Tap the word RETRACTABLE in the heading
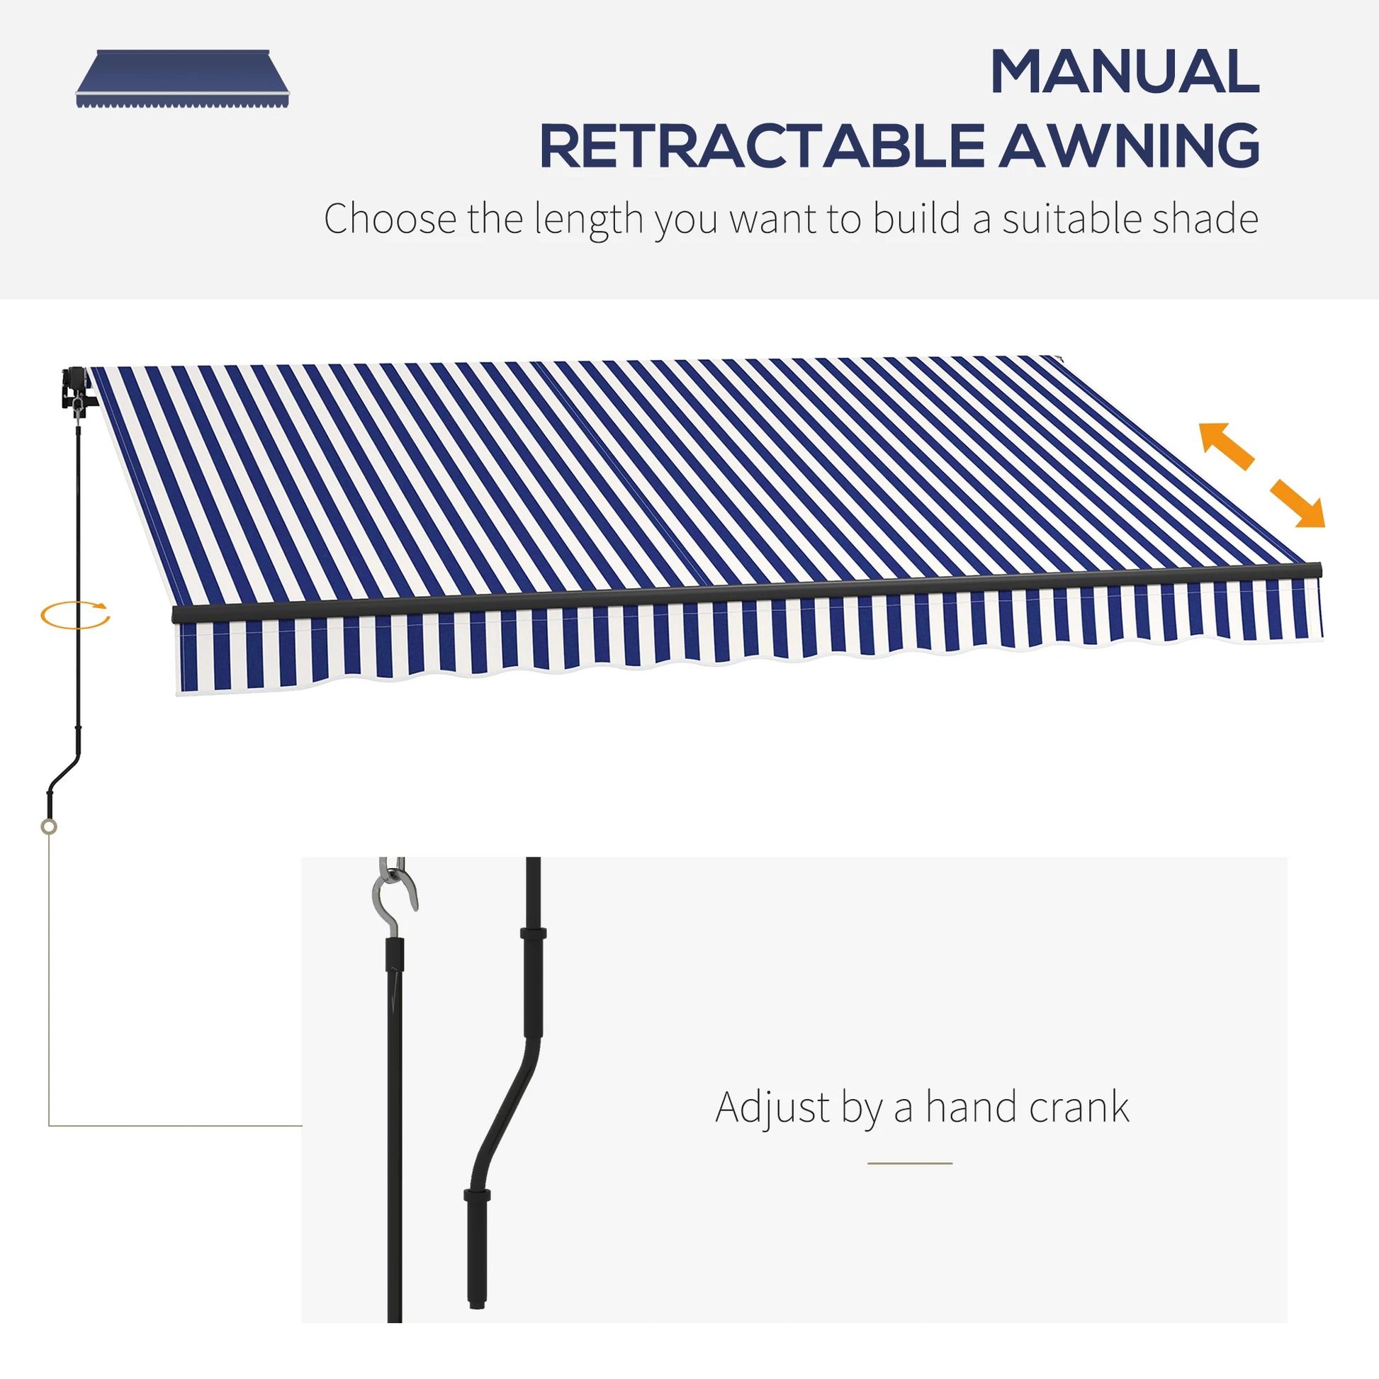[x=762, y=146]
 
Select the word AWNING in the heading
[x=1129, y=146]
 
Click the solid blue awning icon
[x=183, y=79]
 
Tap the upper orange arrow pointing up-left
[x=1225, y=446]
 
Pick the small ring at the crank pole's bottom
[x=48, y=827]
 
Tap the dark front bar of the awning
[x=747, y=591]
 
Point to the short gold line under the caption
[x=910, y=1164]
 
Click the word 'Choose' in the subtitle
[x=390, y=218]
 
